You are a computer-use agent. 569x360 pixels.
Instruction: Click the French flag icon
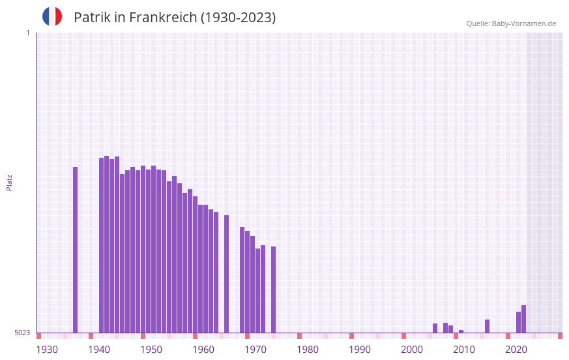52,16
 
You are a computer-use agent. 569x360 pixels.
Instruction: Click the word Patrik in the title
91,18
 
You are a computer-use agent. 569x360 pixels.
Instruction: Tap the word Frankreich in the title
163,18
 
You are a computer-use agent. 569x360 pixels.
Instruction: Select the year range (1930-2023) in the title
238,18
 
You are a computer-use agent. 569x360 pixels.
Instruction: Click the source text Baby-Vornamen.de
523,23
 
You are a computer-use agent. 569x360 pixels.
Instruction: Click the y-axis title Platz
9,182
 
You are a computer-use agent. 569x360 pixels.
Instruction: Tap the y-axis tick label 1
27,33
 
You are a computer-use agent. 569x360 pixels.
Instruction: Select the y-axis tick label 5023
22,333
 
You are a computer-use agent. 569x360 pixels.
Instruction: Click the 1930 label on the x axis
47,350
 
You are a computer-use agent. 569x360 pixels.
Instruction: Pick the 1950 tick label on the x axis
151,350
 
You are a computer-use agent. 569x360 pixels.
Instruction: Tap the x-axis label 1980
308,350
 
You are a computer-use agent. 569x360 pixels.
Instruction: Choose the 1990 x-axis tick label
360,350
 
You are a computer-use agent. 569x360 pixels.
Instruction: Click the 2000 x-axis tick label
412,350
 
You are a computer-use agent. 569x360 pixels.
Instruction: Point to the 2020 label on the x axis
516,350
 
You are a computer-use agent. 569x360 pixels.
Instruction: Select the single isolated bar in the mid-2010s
488,326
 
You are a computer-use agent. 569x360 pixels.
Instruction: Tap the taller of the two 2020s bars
524,319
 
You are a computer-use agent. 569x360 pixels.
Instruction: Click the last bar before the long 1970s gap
274,290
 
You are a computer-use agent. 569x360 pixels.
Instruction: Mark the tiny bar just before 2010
461,331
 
